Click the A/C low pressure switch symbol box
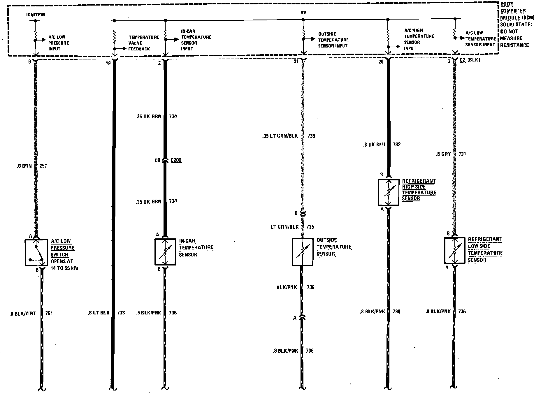36,253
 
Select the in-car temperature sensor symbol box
165,252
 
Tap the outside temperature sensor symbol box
303,252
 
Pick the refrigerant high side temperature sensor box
388,192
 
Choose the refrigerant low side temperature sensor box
454,251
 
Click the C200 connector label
176,160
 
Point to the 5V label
303,13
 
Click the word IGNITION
36,15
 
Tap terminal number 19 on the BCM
108,63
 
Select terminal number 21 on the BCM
296,62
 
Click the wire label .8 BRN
24,166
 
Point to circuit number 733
121,313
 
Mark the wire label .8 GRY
443,154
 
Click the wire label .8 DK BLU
374,145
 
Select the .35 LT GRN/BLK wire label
280,136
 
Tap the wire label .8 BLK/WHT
22,314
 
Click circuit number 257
43,166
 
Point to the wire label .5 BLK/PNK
148,313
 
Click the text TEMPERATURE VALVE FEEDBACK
144,43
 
